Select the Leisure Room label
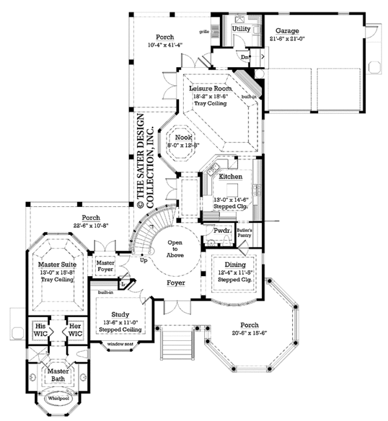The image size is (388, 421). point(208,89)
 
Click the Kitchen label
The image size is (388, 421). point(230,176)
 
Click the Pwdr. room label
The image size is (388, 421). point(214,230)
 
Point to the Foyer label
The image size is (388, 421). point(176,283)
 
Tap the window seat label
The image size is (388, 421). point(120,344)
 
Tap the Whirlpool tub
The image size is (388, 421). point(56,399)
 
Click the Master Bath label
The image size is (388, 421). point(58,374)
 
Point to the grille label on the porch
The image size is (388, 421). point(204,30)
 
